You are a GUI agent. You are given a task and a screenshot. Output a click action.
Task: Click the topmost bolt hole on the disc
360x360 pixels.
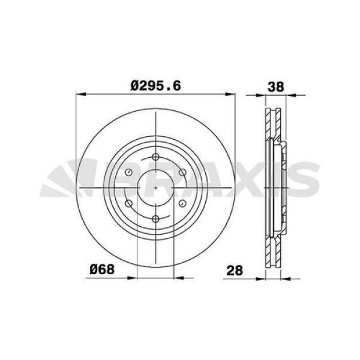pos(155,157)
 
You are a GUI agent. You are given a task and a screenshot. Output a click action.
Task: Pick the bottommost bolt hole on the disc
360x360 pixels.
pos(155,218)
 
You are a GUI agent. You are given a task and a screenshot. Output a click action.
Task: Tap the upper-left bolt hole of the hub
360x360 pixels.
pos(128,173)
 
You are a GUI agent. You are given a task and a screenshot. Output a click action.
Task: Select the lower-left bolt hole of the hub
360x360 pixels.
pos(128,203)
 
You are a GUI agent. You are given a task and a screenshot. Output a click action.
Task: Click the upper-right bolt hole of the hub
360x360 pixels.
pos(182,173)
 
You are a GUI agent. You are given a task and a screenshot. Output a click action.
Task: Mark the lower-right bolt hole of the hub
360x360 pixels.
pos(182,203)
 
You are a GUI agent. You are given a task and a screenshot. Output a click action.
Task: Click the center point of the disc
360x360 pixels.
pos(155,188)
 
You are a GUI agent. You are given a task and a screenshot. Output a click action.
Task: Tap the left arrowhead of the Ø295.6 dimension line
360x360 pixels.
pos(80,94)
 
